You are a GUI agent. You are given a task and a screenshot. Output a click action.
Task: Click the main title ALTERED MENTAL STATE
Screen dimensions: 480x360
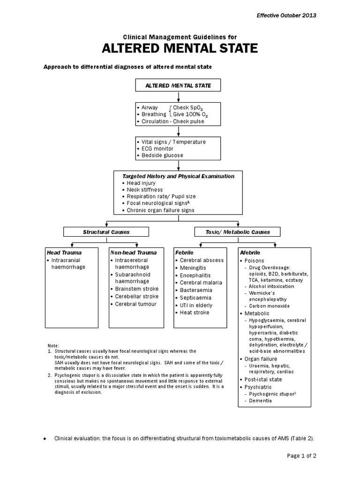pyautogui.click(x=180, y=49)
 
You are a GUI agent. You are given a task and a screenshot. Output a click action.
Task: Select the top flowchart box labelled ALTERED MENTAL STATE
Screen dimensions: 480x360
pyautogui.click(x=178, y=85)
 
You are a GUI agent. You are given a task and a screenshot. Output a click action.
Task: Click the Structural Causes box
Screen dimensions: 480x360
pyautogui.click(x=106, y=232)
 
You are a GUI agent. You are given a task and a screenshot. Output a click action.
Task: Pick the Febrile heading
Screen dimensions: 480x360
pyautogui.click(x=185, y=252)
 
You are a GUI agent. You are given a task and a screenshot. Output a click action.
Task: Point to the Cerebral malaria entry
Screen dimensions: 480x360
pyautogui.click(x=201, y=283)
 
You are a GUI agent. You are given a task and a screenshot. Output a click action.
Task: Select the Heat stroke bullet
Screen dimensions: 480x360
pyautogui.click(x=195, y=313)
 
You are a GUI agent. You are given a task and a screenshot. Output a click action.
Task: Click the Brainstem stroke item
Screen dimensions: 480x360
pyautogui.click(x=136, y=289)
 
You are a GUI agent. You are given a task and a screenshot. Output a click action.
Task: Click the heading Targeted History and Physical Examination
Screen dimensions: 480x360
pyautogui.click(x=178, y=176)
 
